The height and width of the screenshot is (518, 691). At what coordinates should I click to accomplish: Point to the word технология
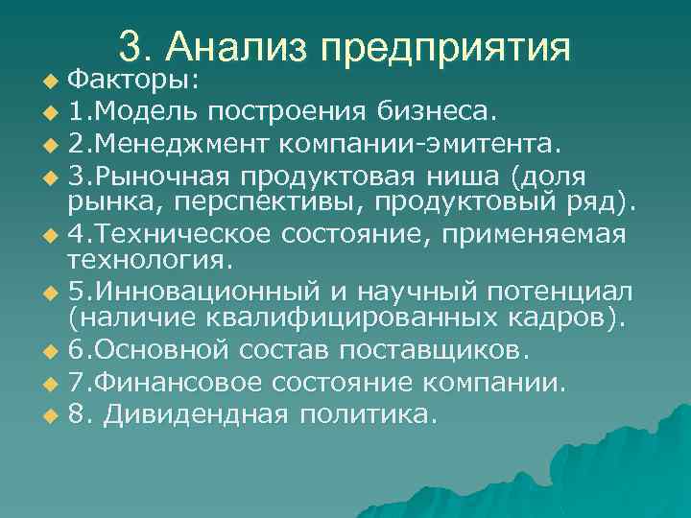(149, 259)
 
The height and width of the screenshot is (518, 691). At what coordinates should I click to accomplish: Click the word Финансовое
(179, 384)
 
